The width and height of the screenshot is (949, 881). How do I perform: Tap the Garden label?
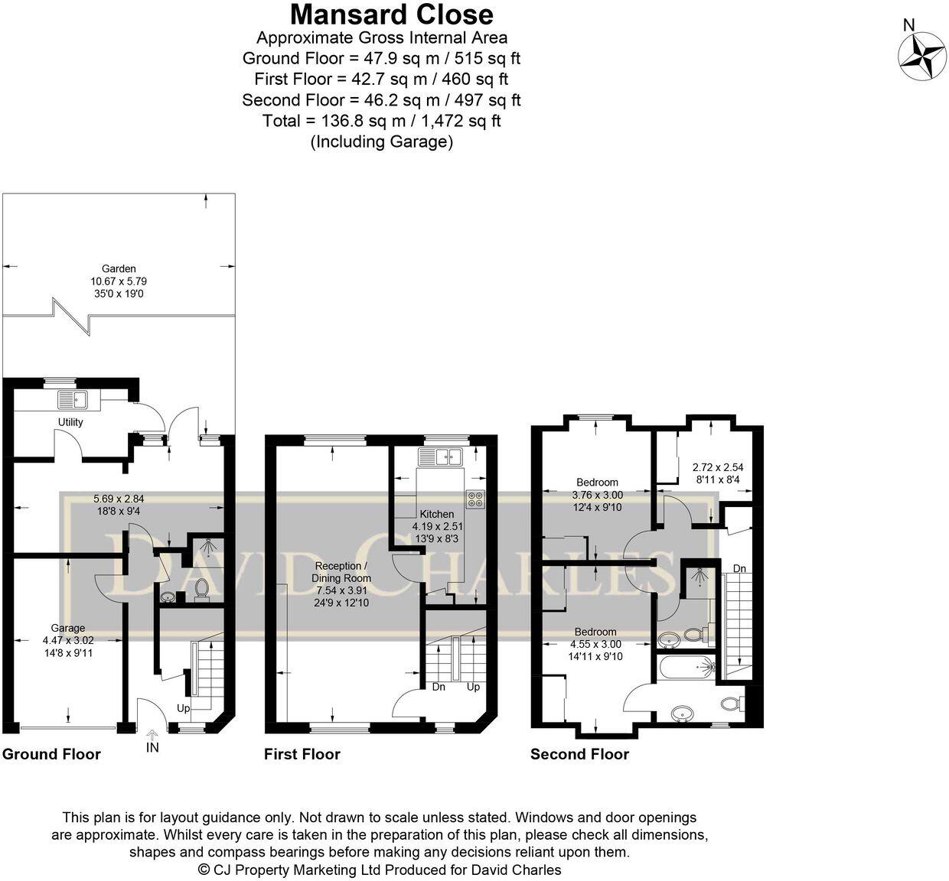(119, 268)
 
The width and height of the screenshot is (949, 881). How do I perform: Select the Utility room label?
(70, 422)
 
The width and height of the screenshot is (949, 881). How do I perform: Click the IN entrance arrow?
(152, 738)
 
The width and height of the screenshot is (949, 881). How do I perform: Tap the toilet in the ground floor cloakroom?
(202, 589)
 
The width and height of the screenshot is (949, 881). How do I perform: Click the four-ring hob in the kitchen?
(475, 499)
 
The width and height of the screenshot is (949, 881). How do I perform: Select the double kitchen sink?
(439, 457)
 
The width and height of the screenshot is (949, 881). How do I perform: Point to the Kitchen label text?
(436, 514)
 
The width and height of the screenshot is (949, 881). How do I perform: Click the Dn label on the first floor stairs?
(439, 687)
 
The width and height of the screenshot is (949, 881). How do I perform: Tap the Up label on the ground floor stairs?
(184, 708)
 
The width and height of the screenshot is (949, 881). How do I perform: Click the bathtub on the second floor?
(685, 667)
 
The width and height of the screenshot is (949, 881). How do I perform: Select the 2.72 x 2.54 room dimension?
(717, 467)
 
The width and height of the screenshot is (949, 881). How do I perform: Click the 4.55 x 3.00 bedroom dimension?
(595, 644)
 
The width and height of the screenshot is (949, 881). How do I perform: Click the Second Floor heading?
(579, 754)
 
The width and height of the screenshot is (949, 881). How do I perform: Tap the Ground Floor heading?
(51, 754)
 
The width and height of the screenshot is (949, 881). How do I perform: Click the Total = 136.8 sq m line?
(381, 121)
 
